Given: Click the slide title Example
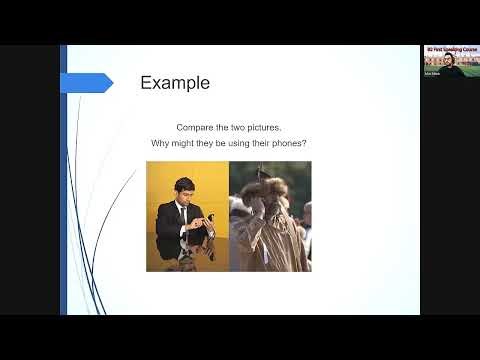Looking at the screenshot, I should (174, 83).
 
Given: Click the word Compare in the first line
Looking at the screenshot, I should (193, 128).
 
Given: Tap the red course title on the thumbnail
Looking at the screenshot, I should (448, 49).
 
